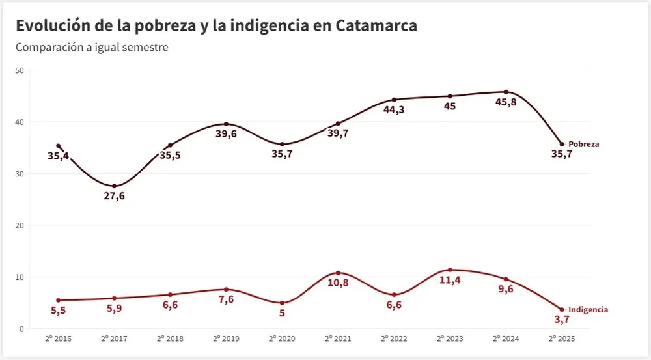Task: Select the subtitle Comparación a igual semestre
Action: point(92,48)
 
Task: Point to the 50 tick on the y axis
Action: point(20,70)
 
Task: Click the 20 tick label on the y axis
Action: point(20,226)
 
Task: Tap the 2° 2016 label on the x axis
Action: point(59,339)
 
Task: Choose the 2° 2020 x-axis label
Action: point(282,339)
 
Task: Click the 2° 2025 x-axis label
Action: point(561,339)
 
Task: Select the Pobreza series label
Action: point(583,145)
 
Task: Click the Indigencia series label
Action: point(588,310)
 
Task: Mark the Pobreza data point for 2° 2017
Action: point(115,186)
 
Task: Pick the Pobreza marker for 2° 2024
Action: point(506,92)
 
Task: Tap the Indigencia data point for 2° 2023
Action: point(450,270)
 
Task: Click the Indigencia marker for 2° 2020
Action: point(282,303)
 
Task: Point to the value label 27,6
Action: point(115,197)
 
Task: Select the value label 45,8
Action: point(506,102)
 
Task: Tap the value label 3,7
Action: point(561,320)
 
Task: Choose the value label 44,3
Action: point(394,110)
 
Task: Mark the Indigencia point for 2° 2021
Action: point(338,273)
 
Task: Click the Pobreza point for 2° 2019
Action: point(226,124)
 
